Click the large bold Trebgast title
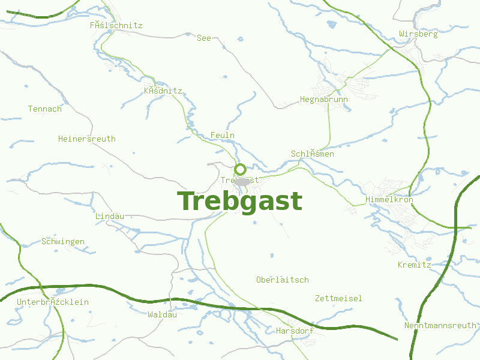click(x=240, y=202)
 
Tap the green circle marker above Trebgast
click(x=240, y=169)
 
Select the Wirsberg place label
click(x=418, y=34)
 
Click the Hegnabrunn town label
click(x=324, y=99)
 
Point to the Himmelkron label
click(x=389, y=199)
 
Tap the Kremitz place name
click(x=415, y=264)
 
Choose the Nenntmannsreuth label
click(x=440, y=325)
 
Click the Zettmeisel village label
click(x=338, y=298)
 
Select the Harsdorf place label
click(x=295, y=331)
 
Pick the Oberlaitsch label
click(x=282, y=280)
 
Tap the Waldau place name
click(x=162, y=314)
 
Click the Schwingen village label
click(x=63, y=241)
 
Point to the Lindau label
click(x=110, y=215)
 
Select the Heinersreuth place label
click(x=87, y=139)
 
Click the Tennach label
click(x=45, y=109)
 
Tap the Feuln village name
click(x=223, y=135)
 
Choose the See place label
click(x=204, y=38)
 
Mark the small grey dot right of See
click(x=223, y=46)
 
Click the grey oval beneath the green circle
click(x=242, y=181)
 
